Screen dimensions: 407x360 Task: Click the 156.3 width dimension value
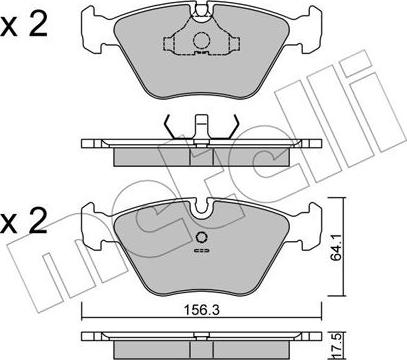(202, 311)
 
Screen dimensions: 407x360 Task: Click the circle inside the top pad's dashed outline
(202, 40)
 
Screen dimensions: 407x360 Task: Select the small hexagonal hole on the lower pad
(201, 238)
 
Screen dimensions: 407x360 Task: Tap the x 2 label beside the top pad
(24, 26)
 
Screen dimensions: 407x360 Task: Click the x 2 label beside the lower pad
(24, 221)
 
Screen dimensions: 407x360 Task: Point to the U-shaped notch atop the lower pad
(202, 207)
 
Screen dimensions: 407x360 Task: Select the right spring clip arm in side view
(233, 128)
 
